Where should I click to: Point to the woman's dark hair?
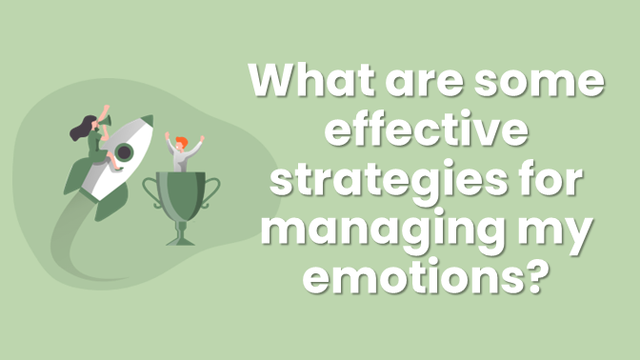point(77,129)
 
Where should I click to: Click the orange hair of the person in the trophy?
point(182,142)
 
